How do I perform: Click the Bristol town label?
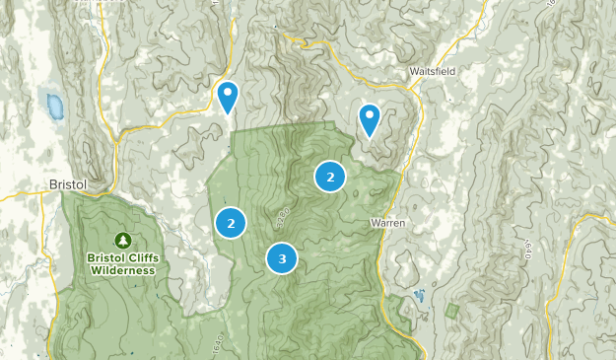[x=69, y=184]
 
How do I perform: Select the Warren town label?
[x=388, y=223]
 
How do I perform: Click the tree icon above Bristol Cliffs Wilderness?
[x=121, y=240]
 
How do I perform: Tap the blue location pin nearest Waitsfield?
[x=370, y=119]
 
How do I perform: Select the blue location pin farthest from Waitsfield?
[x=229, y=97]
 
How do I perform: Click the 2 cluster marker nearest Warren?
[x=330, y=177]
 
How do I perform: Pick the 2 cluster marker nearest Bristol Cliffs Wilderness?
[x=231, y=223]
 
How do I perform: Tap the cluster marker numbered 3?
[x=282, y=258]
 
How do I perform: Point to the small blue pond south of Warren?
[x=419, y=296]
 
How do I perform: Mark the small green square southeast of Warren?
[x=451, y=311]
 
